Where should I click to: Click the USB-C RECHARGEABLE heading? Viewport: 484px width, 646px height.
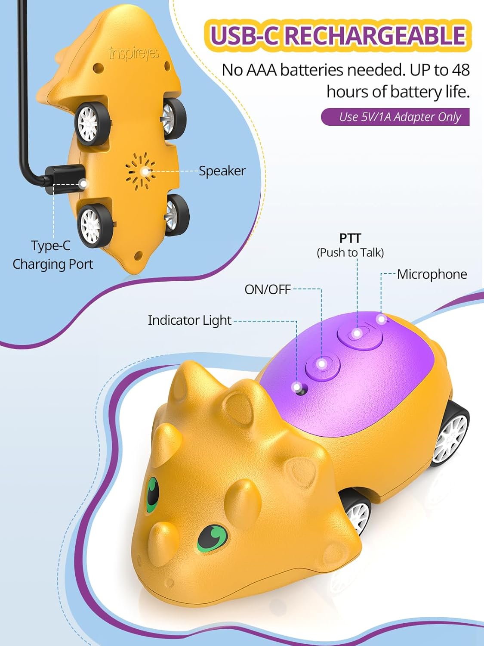click(338, 36)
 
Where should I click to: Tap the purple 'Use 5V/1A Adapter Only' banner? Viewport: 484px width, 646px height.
click(395, 117)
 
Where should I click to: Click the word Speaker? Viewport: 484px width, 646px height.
click(222, 171)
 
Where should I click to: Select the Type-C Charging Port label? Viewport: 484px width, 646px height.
click(52, 255)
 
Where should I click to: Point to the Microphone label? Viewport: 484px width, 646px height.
click(432, 274)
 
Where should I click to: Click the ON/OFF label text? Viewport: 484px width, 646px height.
click(268, 289)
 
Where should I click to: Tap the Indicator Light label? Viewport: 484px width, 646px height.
click(190, 320)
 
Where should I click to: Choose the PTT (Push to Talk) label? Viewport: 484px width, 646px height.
click(350, 245)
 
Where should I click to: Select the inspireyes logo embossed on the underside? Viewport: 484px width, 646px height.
click(134, 53)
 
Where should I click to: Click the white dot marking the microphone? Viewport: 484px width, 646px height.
click(381, 319)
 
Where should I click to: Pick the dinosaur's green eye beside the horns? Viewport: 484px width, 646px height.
click(153, 493)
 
